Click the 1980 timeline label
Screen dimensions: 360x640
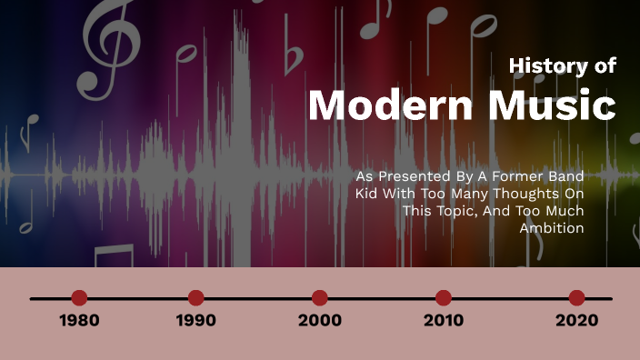[x=79, y=320]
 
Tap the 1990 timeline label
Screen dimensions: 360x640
[x=195, y=320]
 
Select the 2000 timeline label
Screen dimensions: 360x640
[x=320, y=320]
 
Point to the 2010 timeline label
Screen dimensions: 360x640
[x=444, y=320]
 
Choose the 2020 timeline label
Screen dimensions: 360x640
[x=576, y=320]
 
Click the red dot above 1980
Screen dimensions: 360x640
[x=79, y=297]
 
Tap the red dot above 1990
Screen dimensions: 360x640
[x=195, y=297]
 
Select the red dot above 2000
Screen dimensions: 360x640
[x=320, y=297]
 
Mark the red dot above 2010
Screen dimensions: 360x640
[x=444, y=297]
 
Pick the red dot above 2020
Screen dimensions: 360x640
[x=576, y=297]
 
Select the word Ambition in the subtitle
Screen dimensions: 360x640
[x=552, y=228]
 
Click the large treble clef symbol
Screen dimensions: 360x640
[x=113, y=45]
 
